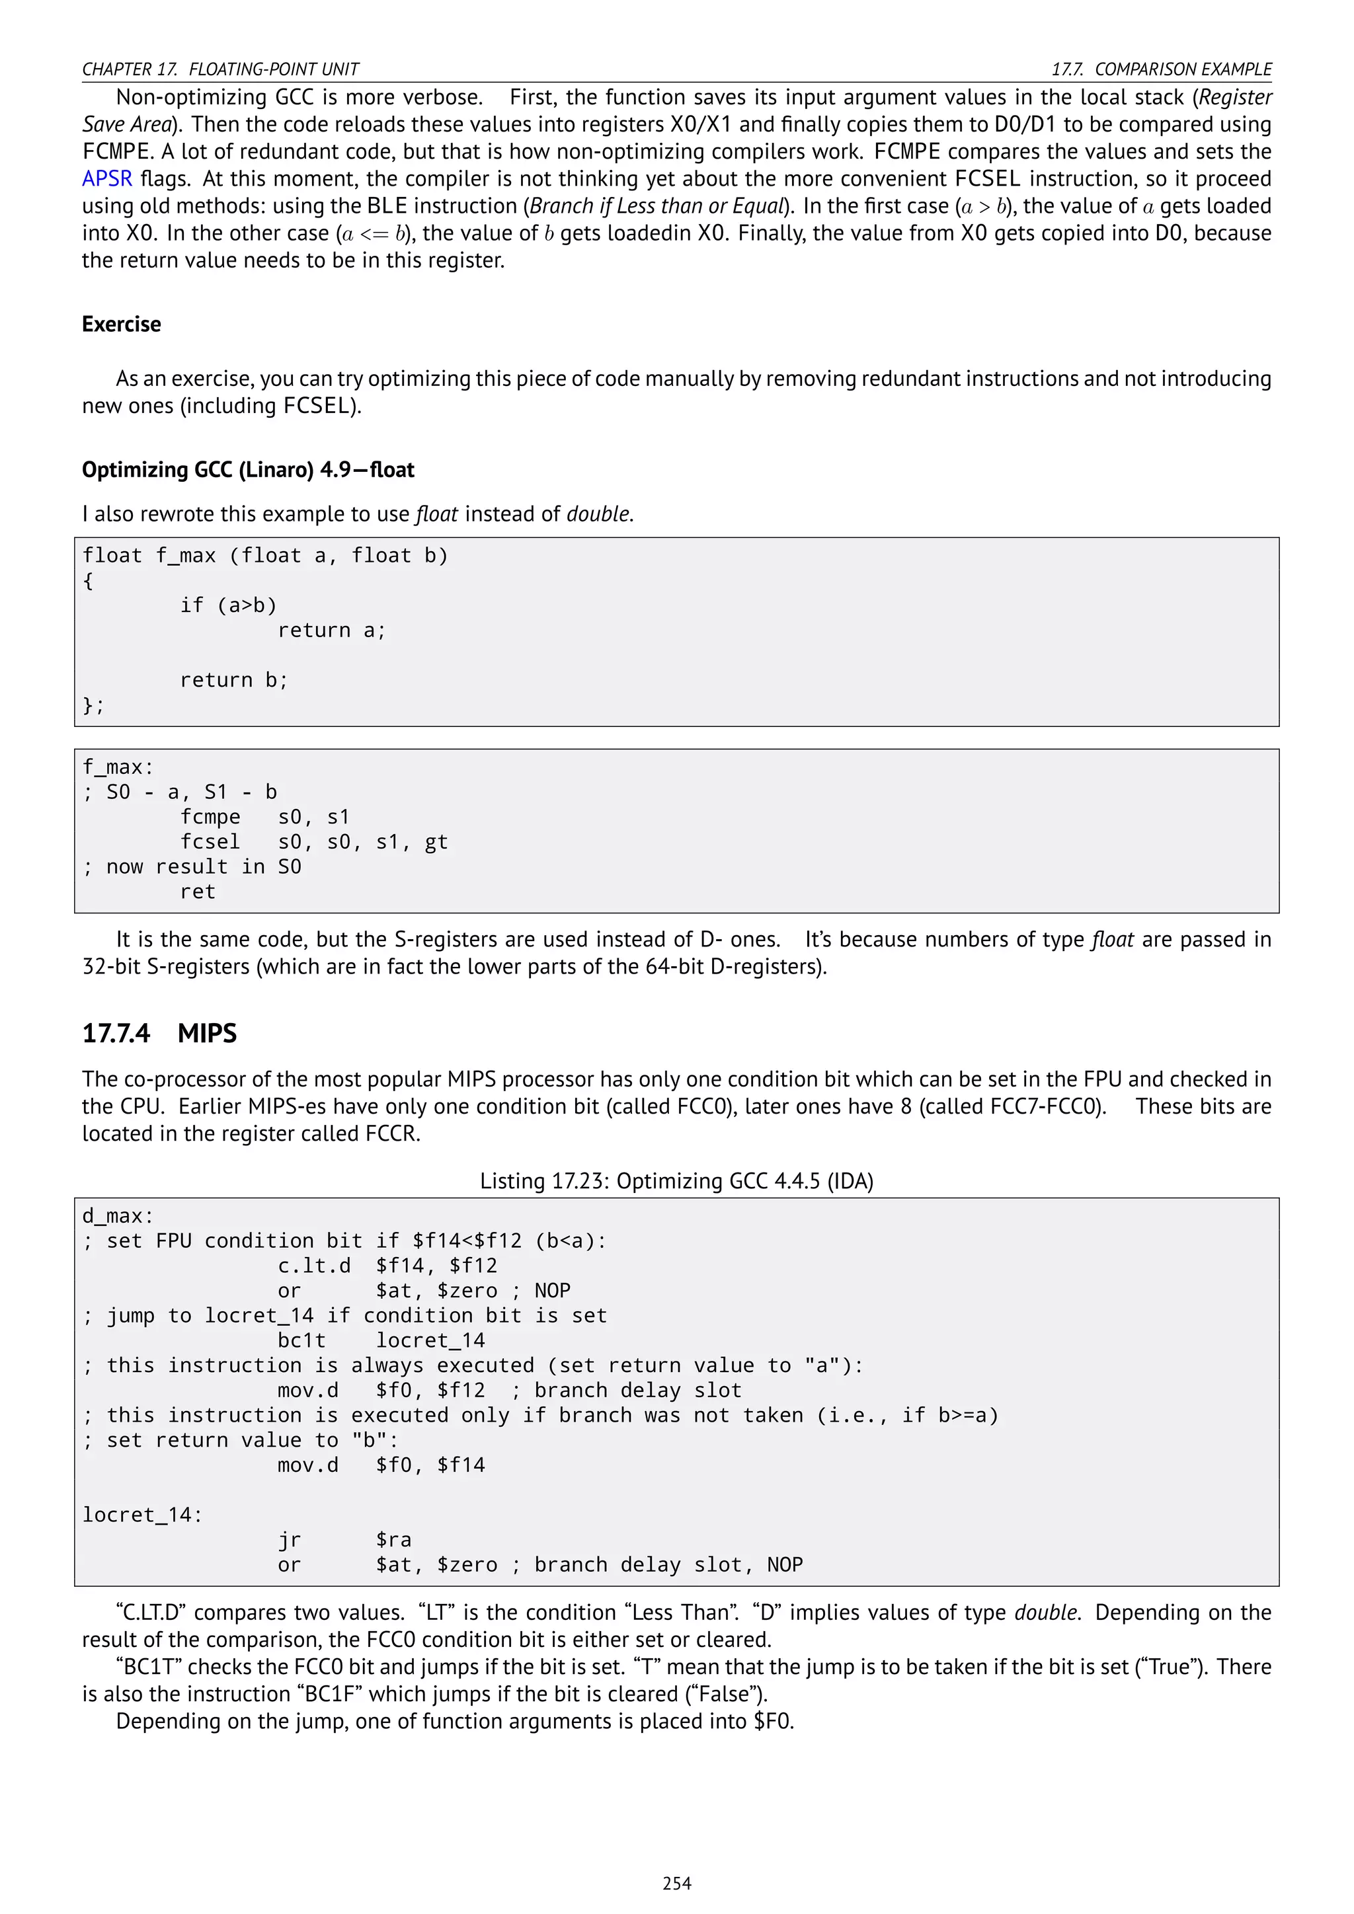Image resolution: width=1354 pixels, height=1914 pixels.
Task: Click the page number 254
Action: [x=676, y=1883]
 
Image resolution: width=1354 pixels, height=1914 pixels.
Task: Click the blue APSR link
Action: [x=106, y=179]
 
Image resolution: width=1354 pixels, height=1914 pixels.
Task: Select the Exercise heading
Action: [x=122, y=325]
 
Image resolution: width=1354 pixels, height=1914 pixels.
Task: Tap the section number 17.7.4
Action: [x=116, y=1034]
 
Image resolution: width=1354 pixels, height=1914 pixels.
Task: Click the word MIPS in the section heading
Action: [x=207, y=1034]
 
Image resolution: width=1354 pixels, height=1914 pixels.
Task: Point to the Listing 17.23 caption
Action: [x=676, y=1181]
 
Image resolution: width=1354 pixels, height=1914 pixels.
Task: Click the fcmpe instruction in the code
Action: [x=210, y=817]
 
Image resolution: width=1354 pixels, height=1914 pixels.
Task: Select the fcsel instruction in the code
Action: [x=210, y=842]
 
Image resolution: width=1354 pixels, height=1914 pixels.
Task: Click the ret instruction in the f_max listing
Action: [x=198, y=892]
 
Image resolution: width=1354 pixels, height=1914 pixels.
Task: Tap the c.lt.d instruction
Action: [x=313, y=1266]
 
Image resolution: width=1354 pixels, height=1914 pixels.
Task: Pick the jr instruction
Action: [x=290, y=1540]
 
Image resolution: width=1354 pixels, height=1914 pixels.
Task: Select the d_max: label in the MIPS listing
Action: [x=118, y=1215]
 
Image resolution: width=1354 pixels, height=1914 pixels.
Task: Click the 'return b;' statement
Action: [x=234, y=680]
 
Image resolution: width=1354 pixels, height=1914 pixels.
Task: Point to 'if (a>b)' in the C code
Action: [x=229, y=605]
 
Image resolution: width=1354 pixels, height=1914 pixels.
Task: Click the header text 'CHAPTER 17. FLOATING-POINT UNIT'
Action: [x=220, y=69]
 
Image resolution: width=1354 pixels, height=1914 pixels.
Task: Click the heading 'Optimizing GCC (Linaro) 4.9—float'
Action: [x=248, y=470]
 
